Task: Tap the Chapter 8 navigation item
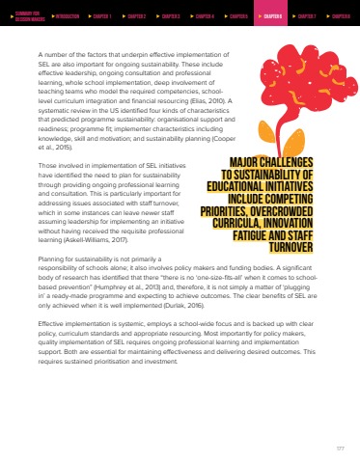(341, 16)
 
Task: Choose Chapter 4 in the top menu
(204, 16)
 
